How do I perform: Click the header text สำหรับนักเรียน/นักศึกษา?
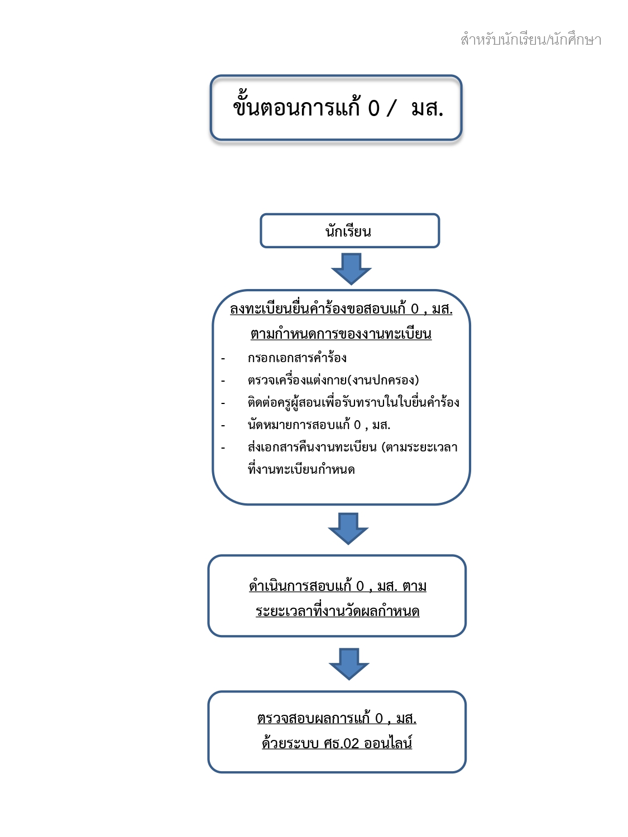[530, 39]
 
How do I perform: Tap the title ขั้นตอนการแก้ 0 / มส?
[338, 107]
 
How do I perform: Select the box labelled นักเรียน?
[349, 230]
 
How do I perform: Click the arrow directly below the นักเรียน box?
[351, 269]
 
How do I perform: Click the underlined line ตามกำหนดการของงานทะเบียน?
[341, 333]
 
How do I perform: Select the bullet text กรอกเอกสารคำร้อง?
[297, 358]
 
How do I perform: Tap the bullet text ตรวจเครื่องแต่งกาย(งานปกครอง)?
[333, 380]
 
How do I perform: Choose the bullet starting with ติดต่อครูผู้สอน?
[353, 402]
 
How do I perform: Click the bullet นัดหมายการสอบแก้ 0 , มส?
[319, 425]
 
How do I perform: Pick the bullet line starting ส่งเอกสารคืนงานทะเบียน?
[353, 446]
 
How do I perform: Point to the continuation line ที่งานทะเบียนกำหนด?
[301, 469]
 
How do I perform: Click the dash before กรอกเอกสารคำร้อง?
[223, 358]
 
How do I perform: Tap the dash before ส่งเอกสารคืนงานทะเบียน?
[223, 448]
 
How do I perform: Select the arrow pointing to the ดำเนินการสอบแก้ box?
[348, 528]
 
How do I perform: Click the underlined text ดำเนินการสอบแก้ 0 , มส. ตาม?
[338, 586]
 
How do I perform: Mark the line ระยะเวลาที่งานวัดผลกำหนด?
[338, 611]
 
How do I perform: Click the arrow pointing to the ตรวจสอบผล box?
[349, 664]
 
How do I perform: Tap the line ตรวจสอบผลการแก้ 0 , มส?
[337, 718]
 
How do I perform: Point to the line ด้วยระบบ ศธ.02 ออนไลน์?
[337, 743]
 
